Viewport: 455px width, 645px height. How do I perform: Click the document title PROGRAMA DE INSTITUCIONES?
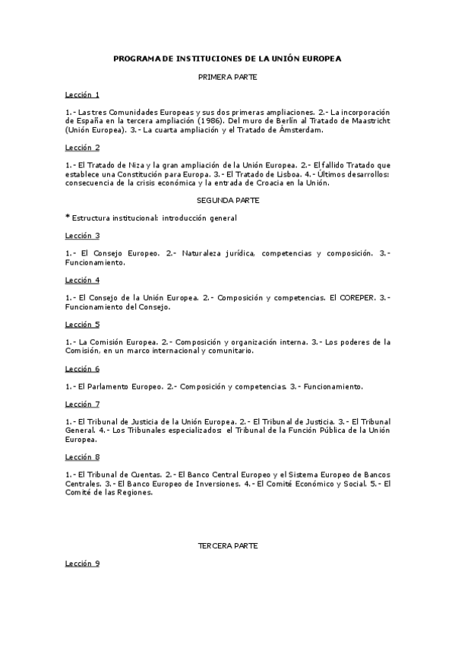(227, 58)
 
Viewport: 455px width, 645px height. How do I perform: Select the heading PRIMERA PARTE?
(227, 77)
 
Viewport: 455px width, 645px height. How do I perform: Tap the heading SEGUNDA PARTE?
(228, 200)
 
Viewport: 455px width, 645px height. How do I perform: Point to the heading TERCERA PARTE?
(227, 546)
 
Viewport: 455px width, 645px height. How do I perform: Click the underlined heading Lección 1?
(82, 94)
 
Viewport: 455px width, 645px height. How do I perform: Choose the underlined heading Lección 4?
(82, 280)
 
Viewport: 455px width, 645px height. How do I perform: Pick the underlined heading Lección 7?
(82, 403)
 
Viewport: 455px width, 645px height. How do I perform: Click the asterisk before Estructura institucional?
(68, 218)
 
